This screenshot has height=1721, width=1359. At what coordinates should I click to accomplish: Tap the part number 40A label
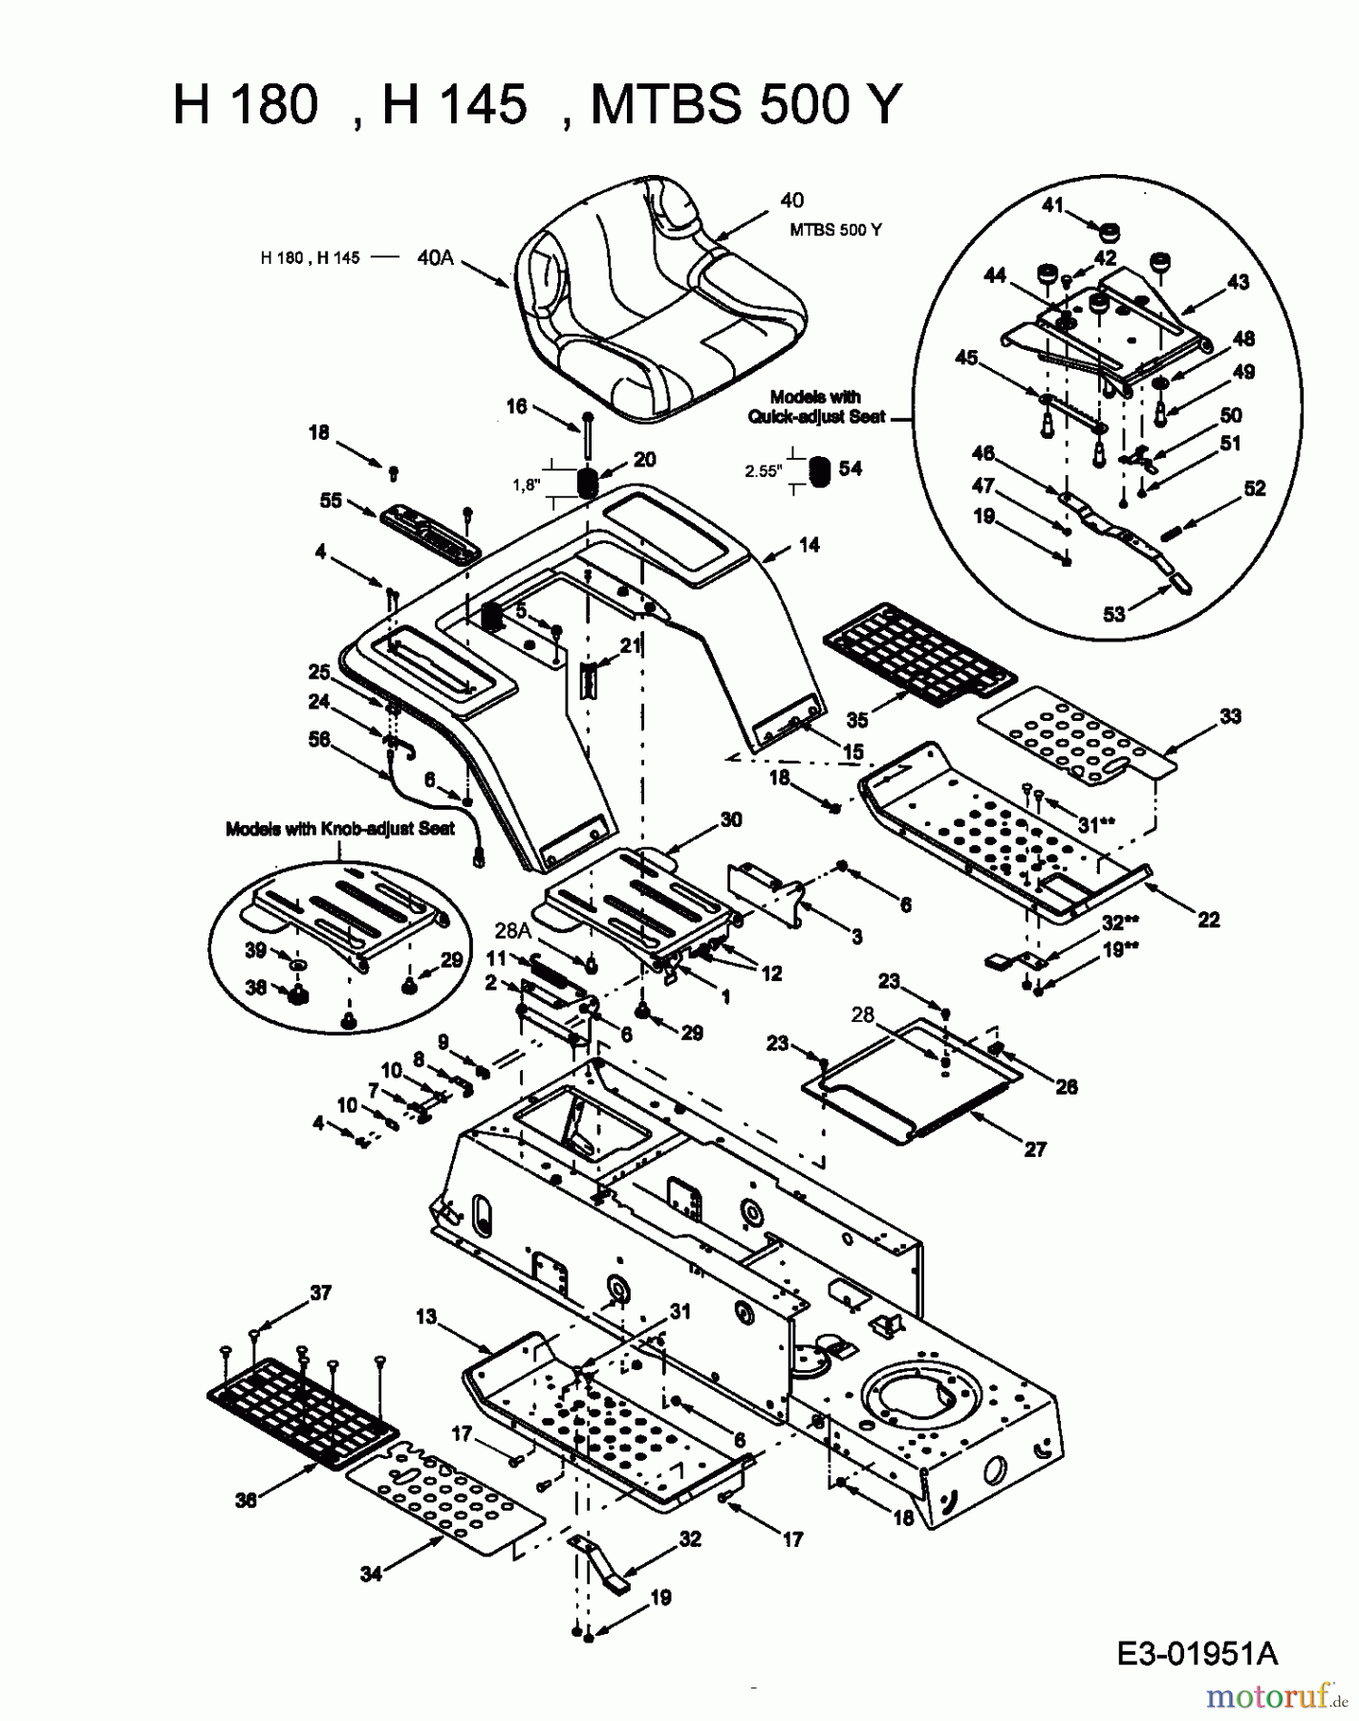435,257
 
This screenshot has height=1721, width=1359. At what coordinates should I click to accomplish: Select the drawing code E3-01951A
1196,1653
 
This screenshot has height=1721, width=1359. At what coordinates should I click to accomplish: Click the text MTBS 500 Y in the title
746,104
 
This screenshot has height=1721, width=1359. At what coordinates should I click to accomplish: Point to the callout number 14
809,545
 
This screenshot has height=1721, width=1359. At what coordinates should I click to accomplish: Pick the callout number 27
1035,1149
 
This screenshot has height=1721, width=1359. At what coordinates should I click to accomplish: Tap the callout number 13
425,1317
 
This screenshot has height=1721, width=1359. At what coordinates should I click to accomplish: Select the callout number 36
246,1500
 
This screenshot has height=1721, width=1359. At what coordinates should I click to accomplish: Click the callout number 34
371,1573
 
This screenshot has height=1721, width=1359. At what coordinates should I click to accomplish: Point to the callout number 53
1114,614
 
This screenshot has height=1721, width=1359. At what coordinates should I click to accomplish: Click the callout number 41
1052,206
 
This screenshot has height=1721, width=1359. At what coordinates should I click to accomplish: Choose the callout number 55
331,500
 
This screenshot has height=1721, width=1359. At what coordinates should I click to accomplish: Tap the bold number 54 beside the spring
850,468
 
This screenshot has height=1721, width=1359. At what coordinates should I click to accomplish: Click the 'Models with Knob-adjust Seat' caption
339,829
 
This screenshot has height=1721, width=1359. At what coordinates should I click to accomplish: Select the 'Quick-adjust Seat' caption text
816,417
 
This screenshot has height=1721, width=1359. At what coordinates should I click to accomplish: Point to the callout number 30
731,819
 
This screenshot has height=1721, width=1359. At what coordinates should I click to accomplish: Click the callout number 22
1208,920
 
